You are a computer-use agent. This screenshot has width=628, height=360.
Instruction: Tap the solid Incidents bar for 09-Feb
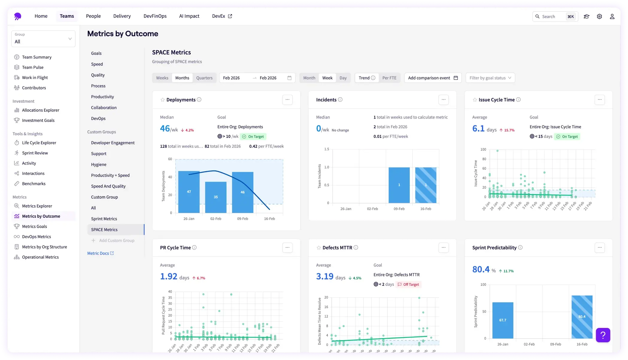pyautogui.click(x=399, y=185)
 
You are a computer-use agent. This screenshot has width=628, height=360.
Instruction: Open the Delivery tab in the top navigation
pyautogui.click(x=122, y=16)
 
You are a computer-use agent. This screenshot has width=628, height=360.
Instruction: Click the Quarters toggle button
pyautogui.click(x=204, y=78)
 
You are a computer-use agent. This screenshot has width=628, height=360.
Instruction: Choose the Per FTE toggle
pyautogui.click(x=389, y=78)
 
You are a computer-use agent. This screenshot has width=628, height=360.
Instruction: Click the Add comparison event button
pyautogui.click(x=433, y=78)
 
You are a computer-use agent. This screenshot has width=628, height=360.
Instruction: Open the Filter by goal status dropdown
pyautogui.click(x=490, y=78)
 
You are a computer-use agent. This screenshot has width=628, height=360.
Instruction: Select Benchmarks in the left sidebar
pyautogui.click(x=34, y=184)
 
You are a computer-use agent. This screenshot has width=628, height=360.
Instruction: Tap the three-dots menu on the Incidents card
pyautogui.click(x=443, y=100)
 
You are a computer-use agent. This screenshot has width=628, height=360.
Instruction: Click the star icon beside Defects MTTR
pyautogui.click(x=318, y=248)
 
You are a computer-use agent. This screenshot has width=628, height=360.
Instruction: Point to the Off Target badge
pyautogui.click(x=408, y=285)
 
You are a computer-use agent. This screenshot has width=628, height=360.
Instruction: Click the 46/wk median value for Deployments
pyautogui.click(x=169, y=129)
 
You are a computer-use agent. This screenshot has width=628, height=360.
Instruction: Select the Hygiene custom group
pyautogui.click(x=99, y=164)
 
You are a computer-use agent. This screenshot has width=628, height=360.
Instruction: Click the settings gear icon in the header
pyautogui.click(x=599, y=16)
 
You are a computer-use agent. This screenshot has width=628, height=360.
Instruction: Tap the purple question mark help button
pyautogui.click(x=603, y=335)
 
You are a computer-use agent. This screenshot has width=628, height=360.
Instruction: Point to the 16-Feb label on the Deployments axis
pyautogui.click(x=269, y=219)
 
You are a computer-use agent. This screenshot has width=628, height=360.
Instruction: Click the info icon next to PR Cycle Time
pyautogui.click(x=194, y=248)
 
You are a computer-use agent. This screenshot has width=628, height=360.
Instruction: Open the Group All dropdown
pyautogui.click(x=43, y=39)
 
